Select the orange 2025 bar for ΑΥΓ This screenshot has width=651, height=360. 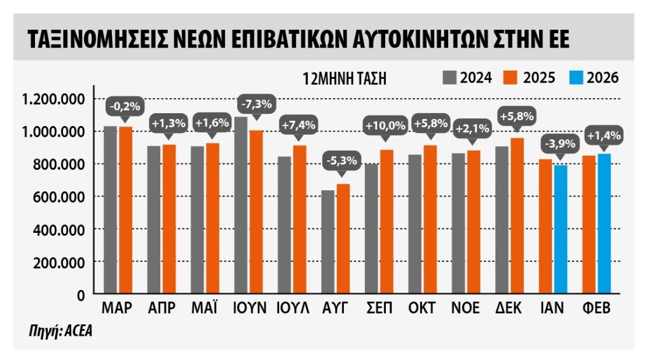[x=343, y=239]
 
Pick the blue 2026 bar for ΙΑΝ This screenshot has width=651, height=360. [x=560, y=230]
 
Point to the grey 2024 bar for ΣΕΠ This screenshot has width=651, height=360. [x=371, y=229]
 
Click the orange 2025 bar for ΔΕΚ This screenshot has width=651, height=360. [x=517, y=216]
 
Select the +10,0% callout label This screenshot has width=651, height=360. [x=385, y=126]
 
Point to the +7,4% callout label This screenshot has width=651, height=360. [x=299, y=125]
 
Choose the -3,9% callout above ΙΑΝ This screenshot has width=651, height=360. [x=559, y=144]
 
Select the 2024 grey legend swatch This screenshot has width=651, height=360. [x=450, y=78]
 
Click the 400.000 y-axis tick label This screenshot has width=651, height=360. [x=55, y=229]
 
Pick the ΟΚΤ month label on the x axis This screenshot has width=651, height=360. [x=423, y=308]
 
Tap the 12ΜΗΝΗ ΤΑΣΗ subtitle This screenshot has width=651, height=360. [x=345, y=79]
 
